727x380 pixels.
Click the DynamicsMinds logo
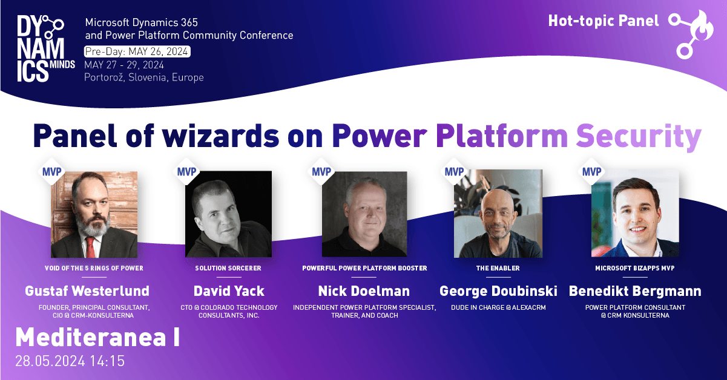(46, 48)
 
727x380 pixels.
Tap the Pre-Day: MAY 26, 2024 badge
(137, 51)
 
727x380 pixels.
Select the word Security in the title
(639, 137)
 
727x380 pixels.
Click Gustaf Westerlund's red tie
(91, 247)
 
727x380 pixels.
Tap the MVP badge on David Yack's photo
(186, 171)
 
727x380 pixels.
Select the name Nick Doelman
(364, 291)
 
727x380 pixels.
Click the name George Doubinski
(498, 292)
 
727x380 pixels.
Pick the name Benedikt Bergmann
(635, 292)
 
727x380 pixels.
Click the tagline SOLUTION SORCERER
(228, 268)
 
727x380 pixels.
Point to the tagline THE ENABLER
(498, 268)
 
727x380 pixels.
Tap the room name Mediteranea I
(97, 337)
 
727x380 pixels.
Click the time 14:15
(107, 361)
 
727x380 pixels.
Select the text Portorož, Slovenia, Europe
(144, 77)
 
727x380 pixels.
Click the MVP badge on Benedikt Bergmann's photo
(591, 171)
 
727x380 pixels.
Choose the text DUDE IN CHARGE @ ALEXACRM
(498, 307)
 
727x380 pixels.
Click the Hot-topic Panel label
(604, 21)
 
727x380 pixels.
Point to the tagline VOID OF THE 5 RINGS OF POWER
(94, 268)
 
